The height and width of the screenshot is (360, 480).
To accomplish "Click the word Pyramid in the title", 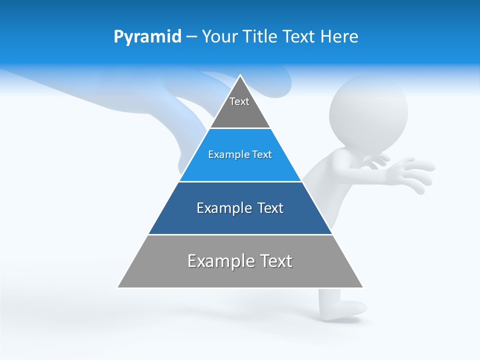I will pyautogui.click(x=147, y=37).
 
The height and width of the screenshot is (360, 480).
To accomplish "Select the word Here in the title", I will pyautogui.click(x=339, y=37).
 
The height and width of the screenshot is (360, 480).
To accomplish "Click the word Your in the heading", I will pyautogui.click(x=219, y=37).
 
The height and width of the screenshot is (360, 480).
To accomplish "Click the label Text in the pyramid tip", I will pyautogui.click(x=239, y=101).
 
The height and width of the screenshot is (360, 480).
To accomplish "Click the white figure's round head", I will pyautogui.click(x=369, y=109).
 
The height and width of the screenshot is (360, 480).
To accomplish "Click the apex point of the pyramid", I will pyautogui.click(x=240, y=75).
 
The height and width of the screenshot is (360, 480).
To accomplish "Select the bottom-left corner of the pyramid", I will pyautogui.click(x=118, y=287).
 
